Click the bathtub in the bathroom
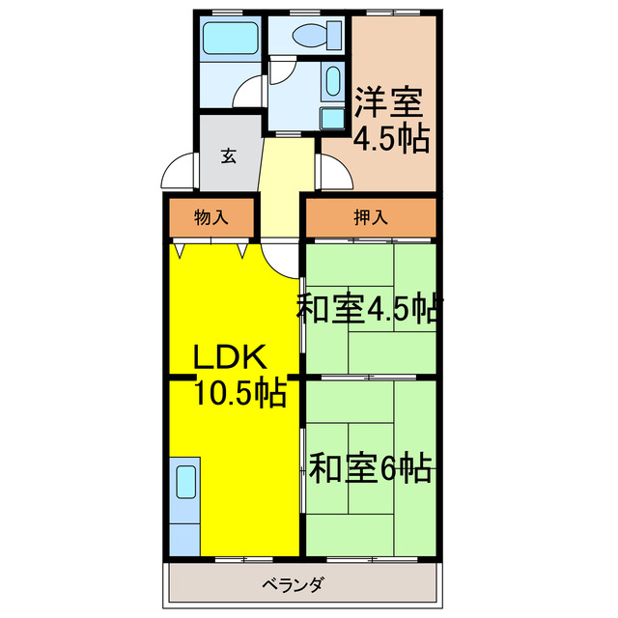(x=230, y=41)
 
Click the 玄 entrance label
(x=229, y=154)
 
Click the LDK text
(x=229, y=359)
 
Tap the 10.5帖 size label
(x=239, y=393)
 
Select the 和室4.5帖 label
(x=369, y=309)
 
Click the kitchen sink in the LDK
(x=184, y=480)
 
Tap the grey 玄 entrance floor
(x=229, y=169)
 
